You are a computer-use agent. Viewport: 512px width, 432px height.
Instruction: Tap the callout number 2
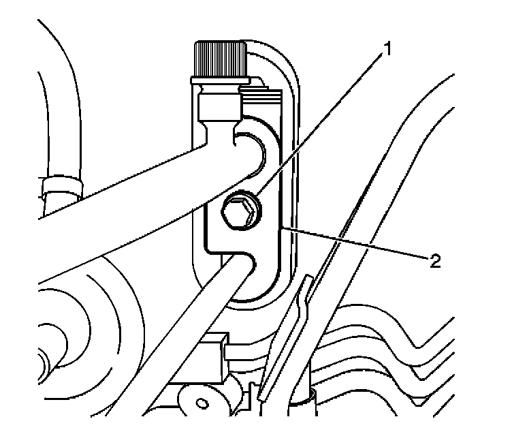[433, 260]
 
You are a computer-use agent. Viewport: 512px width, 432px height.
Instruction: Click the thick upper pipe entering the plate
[136, 198]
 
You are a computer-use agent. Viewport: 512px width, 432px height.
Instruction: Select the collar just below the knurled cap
[220, 106]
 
